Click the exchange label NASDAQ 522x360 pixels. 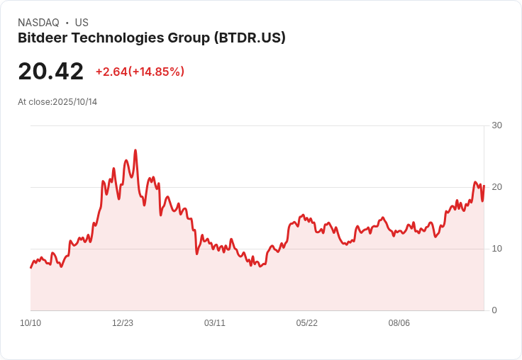[x=38, y=23]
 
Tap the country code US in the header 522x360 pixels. [x=82, y=23]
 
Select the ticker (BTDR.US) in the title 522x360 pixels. [x=249, y=38]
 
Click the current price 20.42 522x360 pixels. [x=50, y=72]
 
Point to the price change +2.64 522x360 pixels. [x=111, y=72]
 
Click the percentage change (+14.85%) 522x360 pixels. [x=157, y=72]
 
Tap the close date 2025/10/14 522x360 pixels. [x=74, y=102]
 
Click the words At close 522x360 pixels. [x=34, y=102]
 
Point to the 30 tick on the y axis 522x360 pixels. [x=496, y=125]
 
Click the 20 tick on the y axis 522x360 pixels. [x=496, y=187]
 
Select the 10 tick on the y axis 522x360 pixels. [x=496, y=249]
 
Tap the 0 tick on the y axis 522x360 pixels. [x=494, y=310]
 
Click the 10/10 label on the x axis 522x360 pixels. [x=30, y=323]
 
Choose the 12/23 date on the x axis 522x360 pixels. [x=123, y=323]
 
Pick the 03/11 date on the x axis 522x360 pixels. [x=215, y=323]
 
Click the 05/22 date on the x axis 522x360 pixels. [x=307, y=323]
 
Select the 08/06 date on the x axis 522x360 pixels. [x=399, y=323]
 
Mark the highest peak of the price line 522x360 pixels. [x=135, y=150]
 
